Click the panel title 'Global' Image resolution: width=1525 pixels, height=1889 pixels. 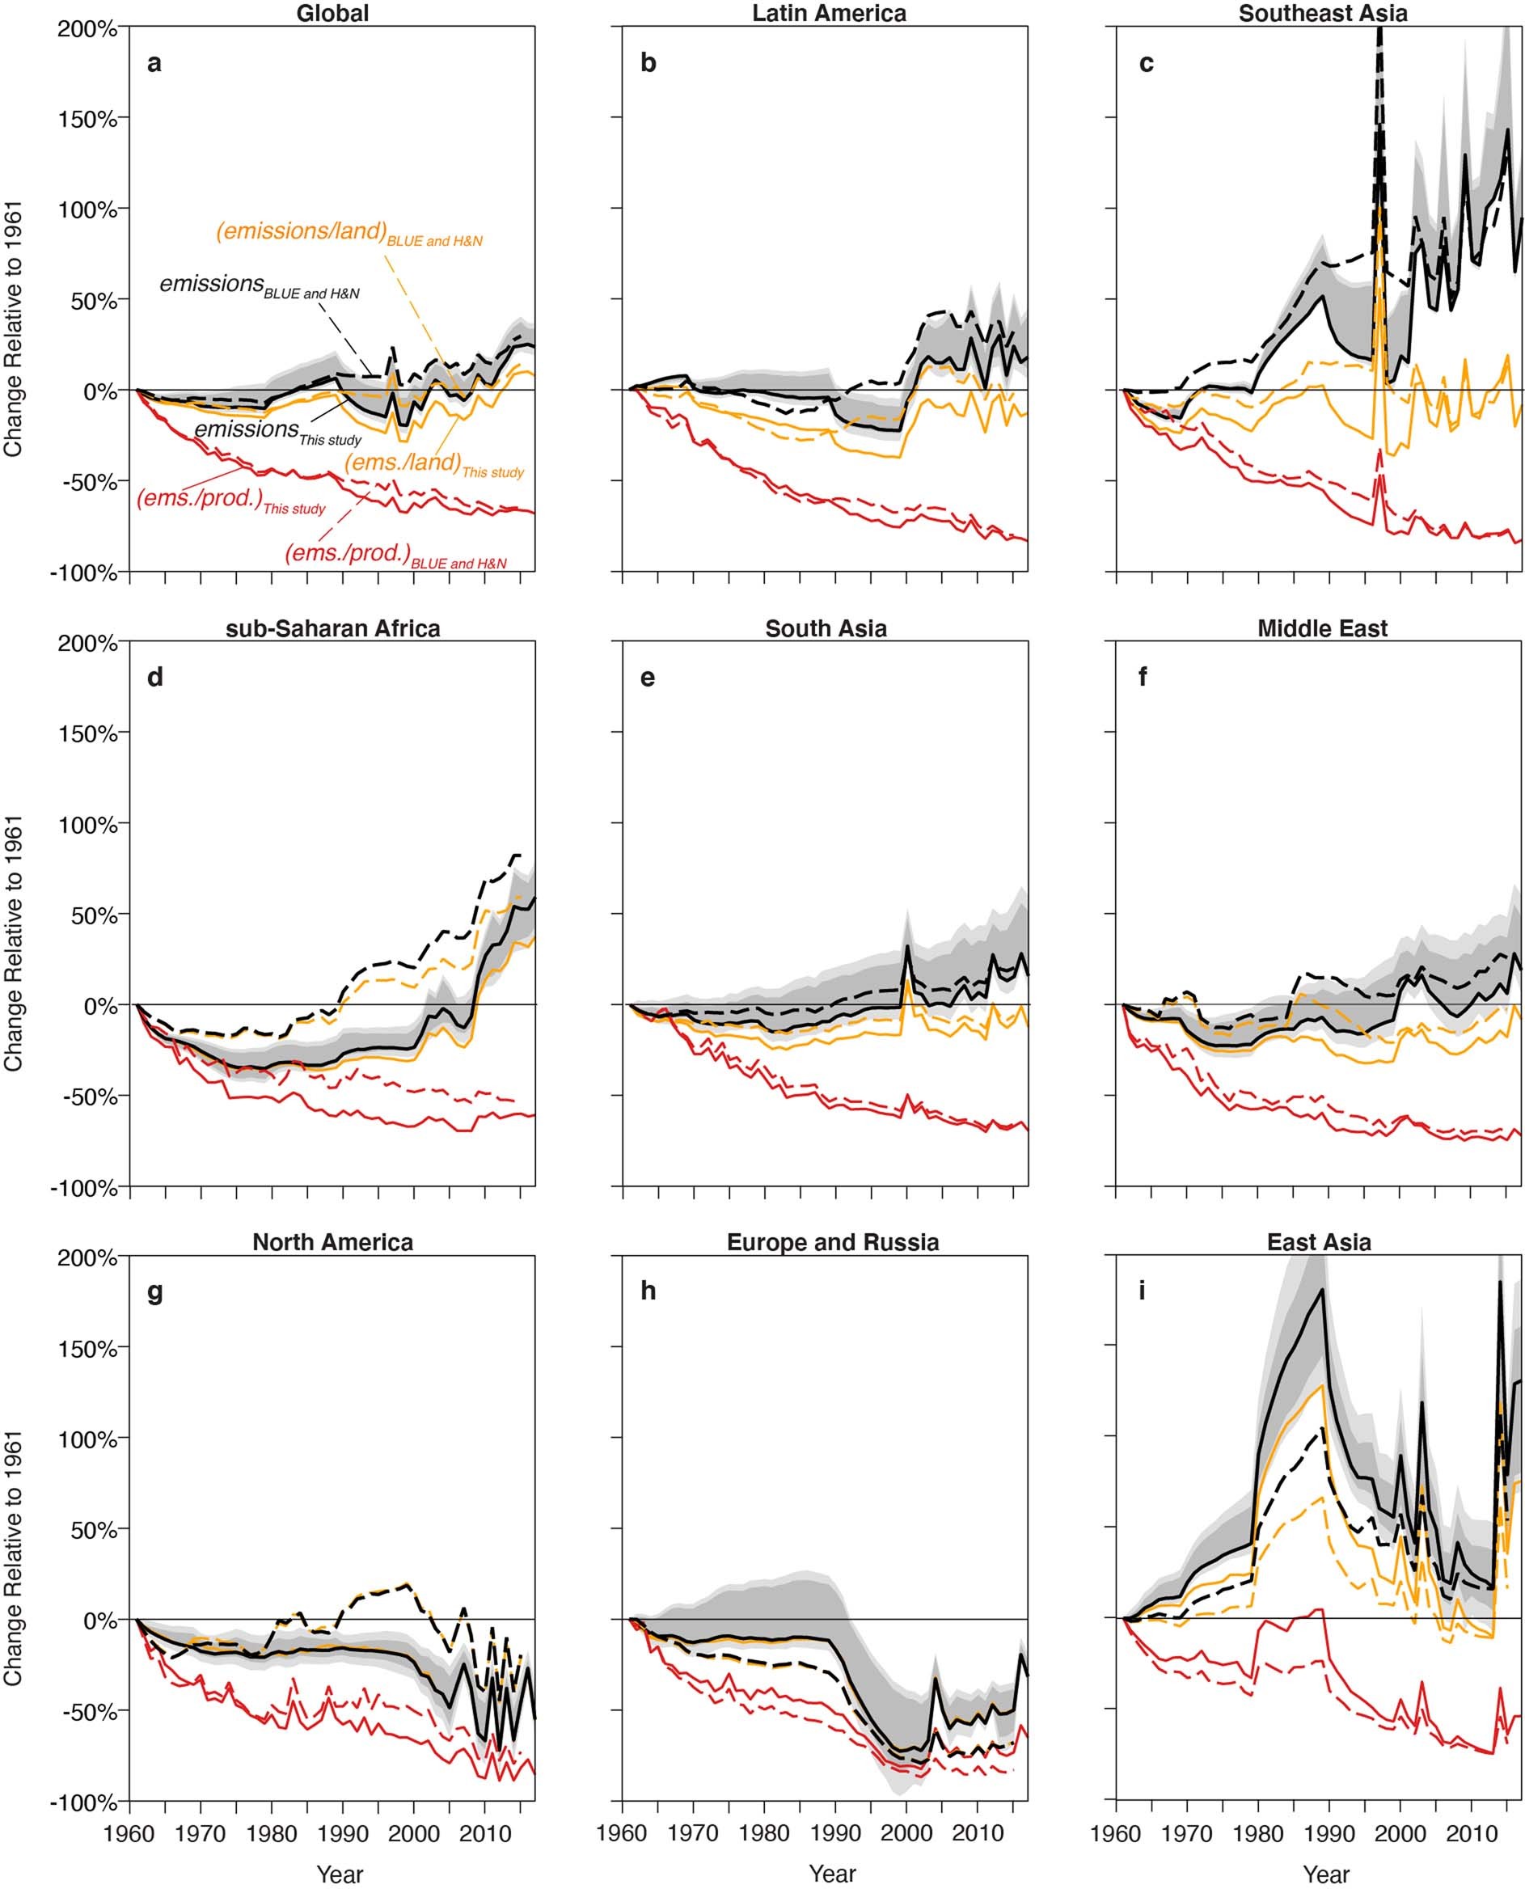point(332,13)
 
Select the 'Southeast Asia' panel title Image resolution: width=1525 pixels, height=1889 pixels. point(1322,13)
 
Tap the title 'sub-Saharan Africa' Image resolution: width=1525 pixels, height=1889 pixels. point(332,628)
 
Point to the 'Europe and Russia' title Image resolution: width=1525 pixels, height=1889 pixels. point(832,1242)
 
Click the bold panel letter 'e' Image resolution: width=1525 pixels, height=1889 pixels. point(648,678)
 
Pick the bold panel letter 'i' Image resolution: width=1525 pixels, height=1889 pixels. point(1141,1291)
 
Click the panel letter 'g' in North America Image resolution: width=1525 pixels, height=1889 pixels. point(154,1292)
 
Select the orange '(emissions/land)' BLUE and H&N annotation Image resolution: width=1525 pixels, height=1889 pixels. point(349,233)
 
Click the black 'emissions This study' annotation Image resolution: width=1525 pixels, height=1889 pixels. point(277,430)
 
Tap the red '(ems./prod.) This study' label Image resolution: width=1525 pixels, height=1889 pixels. point(230,501)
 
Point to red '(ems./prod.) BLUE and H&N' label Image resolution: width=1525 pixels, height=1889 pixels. point(395,556)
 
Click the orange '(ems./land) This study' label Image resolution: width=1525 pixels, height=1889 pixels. point(433,465)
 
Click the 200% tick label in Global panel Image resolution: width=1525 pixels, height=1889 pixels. point(87,29)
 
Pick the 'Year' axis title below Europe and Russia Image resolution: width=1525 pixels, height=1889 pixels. point(832,1873)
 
